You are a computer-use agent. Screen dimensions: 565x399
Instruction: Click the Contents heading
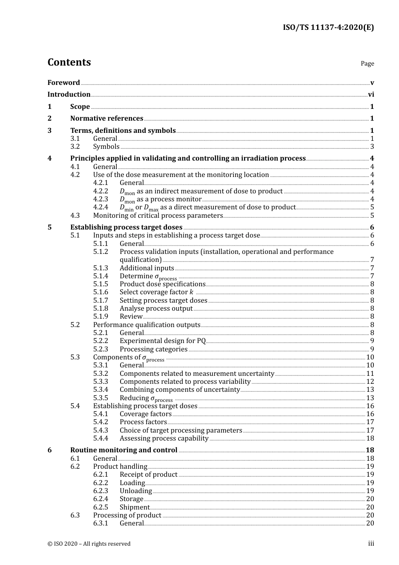point(69,62)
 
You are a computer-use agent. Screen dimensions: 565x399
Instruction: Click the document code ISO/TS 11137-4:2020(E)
point(328,27)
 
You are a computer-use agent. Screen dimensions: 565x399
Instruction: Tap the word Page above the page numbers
point(367,63)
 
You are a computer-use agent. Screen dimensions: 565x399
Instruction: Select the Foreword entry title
point(63,83)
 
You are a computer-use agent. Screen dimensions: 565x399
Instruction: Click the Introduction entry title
point(69,95)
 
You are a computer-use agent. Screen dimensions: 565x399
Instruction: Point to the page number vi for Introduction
point(371,95)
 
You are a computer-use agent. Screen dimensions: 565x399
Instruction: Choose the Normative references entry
point(107,119)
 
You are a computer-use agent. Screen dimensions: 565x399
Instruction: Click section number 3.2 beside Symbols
point(75,147)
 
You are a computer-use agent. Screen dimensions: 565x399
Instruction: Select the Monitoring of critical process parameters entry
point(158,216)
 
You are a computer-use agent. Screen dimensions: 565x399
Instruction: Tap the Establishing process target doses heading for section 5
point(126,227)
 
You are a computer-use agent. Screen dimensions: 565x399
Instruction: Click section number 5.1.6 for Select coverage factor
point(101,292)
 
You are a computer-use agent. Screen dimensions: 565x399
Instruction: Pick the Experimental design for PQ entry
point(163,341)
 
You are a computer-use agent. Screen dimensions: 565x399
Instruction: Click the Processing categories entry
point(153,349)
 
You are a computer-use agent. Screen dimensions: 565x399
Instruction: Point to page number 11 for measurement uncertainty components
point(370,374)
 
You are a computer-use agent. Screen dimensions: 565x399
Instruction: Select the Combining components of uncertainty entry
point(179,390)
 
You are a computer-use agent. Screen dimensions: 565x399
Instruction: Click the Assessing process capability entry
point(164,438)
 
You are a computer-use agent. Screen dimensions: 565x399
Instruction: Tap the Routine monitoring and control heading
point(123,450)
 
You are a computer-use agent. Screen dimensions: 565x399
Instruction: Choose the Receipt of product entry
point(148,475)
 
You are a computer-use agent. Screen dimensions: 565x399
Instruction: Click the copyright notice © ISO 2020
point(89,544)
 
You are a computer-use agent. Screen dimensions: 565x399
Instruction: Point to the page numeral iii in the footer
point(371,544)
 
